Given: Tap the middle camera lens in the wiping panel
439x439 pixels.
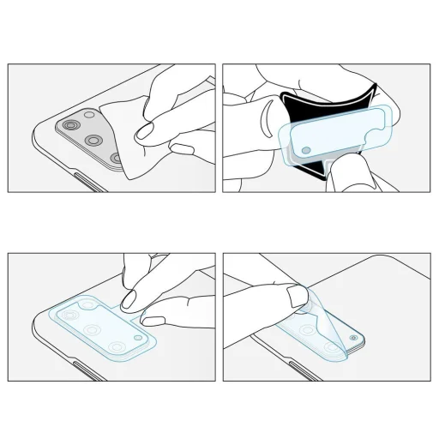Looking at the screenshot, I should click(92, 140).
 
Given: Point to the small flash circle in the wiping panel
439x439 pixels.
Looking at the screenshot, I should click(89, 114).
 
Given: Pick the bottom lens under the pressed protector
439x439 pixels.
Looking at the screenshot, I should click(117, 346).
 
